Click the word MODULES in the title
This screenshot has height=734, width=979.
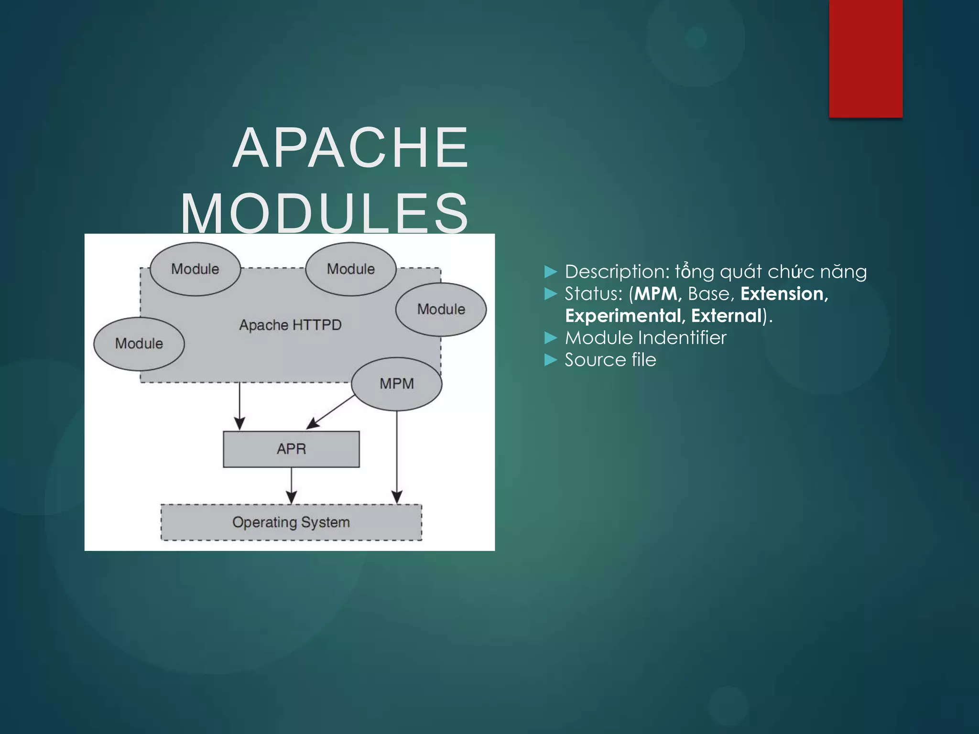(x=325, y=213)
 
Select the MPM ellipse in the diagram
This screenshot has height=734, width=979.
(x=396, y=384)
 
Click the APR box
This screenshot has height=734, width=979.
(x=291, y=449)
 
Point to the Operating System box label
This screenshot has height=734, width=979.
(x=291, y=522)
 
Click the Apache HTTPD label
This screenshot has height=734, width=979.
(x=290, y=325)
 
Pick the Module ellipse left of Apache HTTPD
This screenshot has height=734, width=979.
(x=139, y=344)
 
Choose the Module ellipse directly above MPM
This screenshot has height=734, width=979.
(x=441, y=309)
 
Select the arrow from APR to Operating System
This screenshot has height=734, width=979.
(x=291, y=485)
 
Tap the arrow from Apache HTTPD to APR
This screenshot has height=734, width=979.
(x=239, y=406)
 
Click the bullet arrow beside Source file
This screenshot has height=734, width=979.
(x=551, y=360)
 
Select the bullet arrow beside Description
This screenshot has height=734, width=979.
(x=551, y=272)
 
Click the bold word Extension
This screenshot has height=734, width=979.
(x=784, y=294)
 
